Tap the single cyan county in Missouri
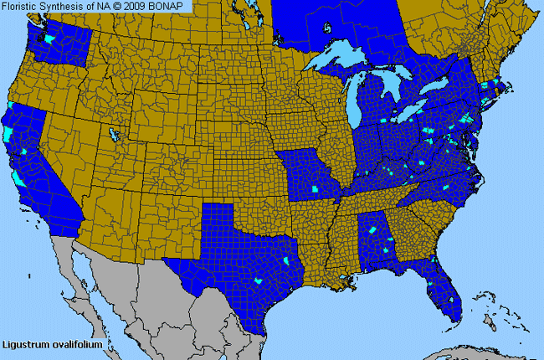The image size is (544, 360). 315,188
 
